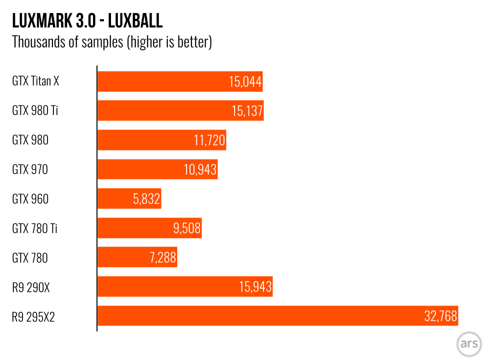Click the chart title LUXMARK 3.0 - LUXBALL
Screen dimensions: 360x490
coord(87,21)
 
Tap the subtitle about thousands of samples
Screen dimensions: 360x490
coord(112,42)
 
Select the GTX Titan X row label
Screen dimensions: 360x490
coord(35,81)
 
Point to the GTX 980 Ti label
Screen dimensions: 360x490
coord(35,110)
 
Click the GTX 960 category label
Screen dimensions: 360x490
coord(30,199)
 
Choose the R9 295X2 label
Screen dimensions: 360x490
coord(33,316)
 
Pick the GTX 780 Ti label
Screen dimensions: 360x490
coord(35,228)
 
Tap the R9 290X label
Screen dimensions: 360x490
coord(31,287)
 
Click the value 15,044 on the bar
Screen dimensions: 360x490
coord(245,82)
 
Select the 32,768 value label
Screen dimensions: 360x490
coord(441,316)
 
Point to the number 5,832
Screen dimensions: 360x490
coord(146,199)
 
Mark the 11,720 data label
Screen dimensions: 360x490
coord(209,140)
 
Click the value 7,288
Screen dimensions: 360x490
coord(162,258)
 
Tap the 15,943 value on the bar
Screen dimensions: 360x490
coord(255,287)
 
